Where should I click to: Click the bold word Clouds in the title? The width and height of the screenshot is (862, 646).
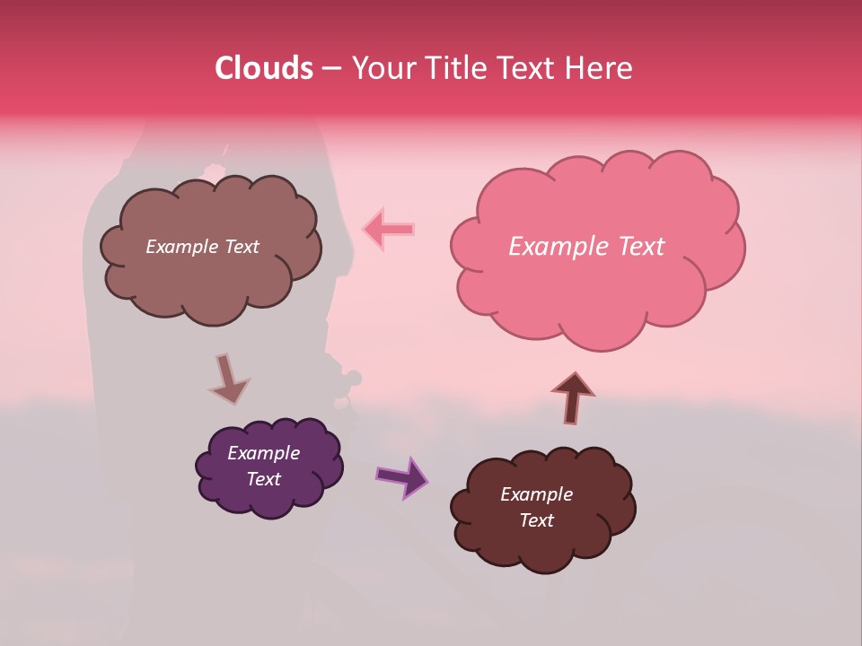point(264,68)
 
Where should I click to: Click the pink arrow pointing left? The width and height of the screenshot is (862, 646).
point(388,230)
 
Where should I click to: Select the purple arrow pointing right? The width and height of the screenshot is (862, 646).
point(402,476)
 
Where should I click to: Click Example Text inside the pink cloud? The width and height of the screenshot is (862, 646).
point(586,247)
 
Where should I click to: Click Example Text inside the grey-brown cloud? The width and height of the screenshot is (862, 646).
point(202,247)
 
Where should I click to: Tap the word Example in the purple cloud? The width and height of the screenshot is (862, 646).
point(263,453)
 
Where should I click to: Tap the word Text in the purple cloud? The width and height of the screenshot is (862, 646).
point(264,479)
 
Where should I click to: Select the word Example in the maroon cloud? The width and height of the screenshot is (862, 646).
point(536,494)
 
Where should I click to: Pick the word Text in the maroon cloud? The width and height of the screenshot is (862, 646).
point(536,520)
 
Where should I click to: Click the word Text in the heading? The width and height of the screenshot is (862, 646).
point(529,68)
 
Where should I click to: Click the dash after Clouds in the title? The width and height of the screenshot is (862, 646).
point(330,68)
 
